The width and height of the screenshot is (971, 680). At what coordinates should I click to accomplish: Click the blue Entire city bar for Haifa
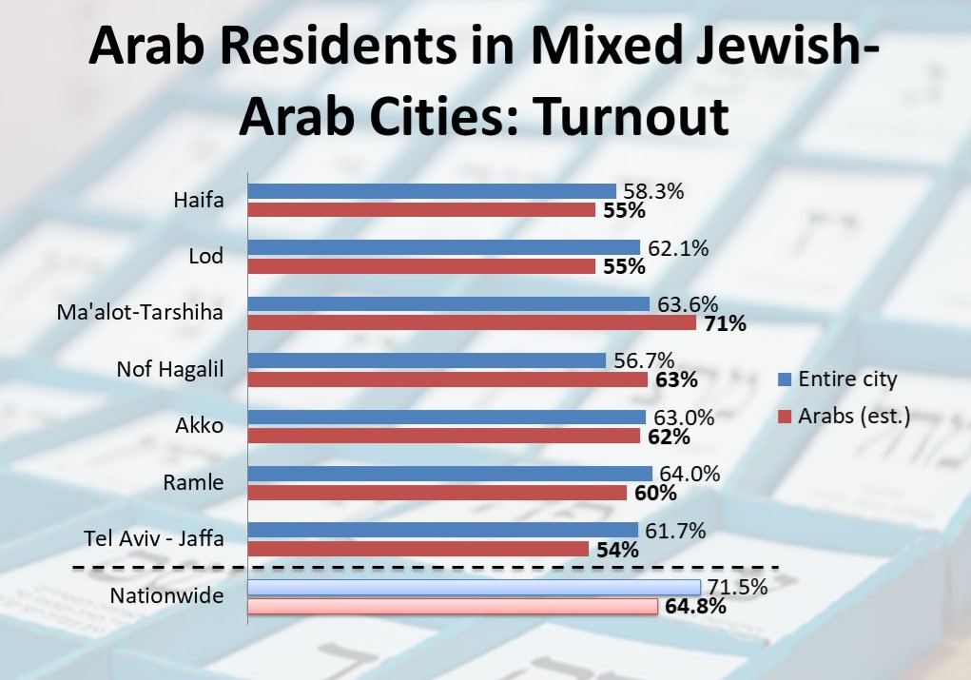click(432, 191)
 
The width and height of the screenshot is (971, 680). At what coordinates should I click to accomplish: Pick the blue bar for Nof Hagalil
click(426, 360)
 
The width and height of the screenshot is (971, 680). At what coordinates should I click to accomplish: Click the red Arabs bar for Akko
click(443, 437)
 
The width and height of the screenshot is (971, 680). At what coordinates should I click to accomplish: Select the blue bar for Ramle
click(450, 474)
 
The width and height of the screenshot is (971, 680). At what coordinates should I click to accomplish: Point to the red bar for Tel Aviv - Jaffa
click(418, 549)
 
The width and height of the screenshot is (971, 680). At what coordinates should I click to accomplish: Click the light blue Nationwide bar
click(474, 587)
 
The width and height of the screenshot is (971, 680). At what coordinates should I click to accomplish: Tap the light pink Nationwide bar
click(452, 606)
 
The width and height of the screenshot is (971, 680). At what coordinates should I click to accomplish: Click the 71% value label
click(726, 324)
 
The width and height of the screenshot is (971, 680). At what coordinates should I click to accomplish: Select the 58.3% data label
click(651, 191)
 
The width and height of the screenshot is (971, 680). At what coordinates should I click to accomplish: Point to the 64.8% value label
click(694, 606)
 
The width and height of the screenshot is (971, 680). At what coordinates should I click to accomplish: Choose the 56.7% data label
click(640, 360)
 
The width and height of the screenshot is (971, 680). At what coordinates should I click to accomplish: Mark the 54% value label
click(618, 550)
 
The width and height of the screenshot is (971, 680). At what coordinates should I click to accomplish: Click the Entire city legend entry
click(836, 379)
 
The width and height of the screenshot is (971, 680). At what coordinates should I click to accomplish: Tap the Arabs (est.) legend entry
click(844, 416)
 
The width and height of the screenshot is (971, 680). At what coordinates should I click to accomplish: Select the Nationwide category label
click(166, 596)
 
